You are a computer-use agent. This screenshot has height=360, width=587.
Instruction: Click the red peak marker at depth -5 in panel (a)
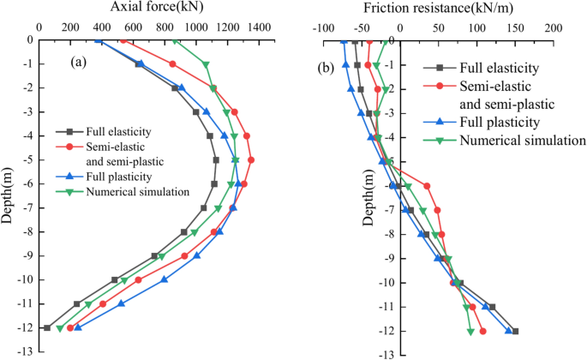(x=250, y=160)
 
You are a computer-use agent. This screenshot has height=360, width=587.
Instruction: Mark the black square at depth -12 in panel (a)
(x=47, y=327)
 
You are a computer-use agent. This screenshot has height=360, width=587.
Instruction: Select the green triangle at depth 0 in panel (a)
(x=176, y=40)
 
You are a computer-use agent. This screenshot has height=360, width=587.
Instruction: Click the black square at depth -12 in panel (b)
(x=515, y=331)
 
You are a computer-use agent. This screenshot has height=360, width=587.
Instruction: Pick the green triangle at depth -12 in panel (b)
(x=470, y=331)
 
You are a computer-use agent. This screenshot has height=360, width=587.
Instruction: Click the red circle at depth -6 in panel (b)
(x=427, y=185)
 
